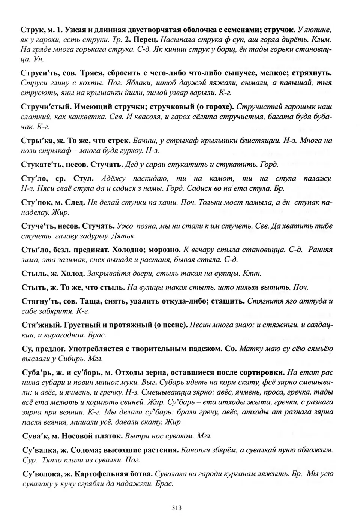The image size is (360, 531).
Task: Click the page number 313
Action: click(176, 508)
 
